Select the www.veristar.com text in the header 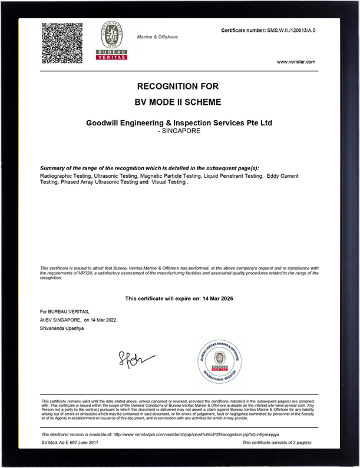click(x=296, y=62)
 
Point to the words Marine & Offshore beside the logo click(x=157, y=37)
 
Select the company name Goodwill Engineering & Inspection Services click(x=179, y=123)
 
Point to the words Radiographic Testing click(x=64, y=176)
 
